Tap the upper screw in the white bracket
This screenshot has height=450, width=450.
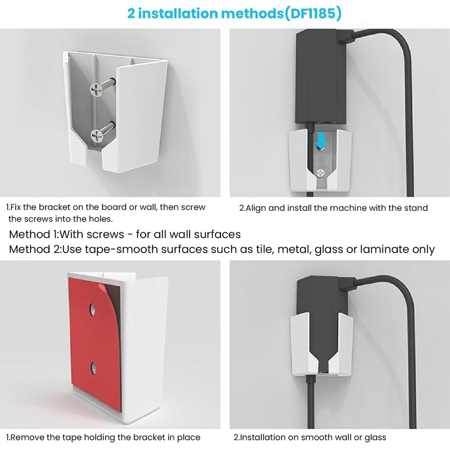coord(96,88)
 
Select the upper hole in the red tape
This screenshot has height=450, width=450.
coord(92,309)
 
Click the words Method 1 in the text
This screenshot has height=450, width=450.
coord(34,234)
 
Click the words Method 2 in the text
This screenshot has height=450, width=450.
coord(34,249)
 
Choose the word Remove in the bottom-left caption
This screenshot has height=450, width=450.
coord(28,437)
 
